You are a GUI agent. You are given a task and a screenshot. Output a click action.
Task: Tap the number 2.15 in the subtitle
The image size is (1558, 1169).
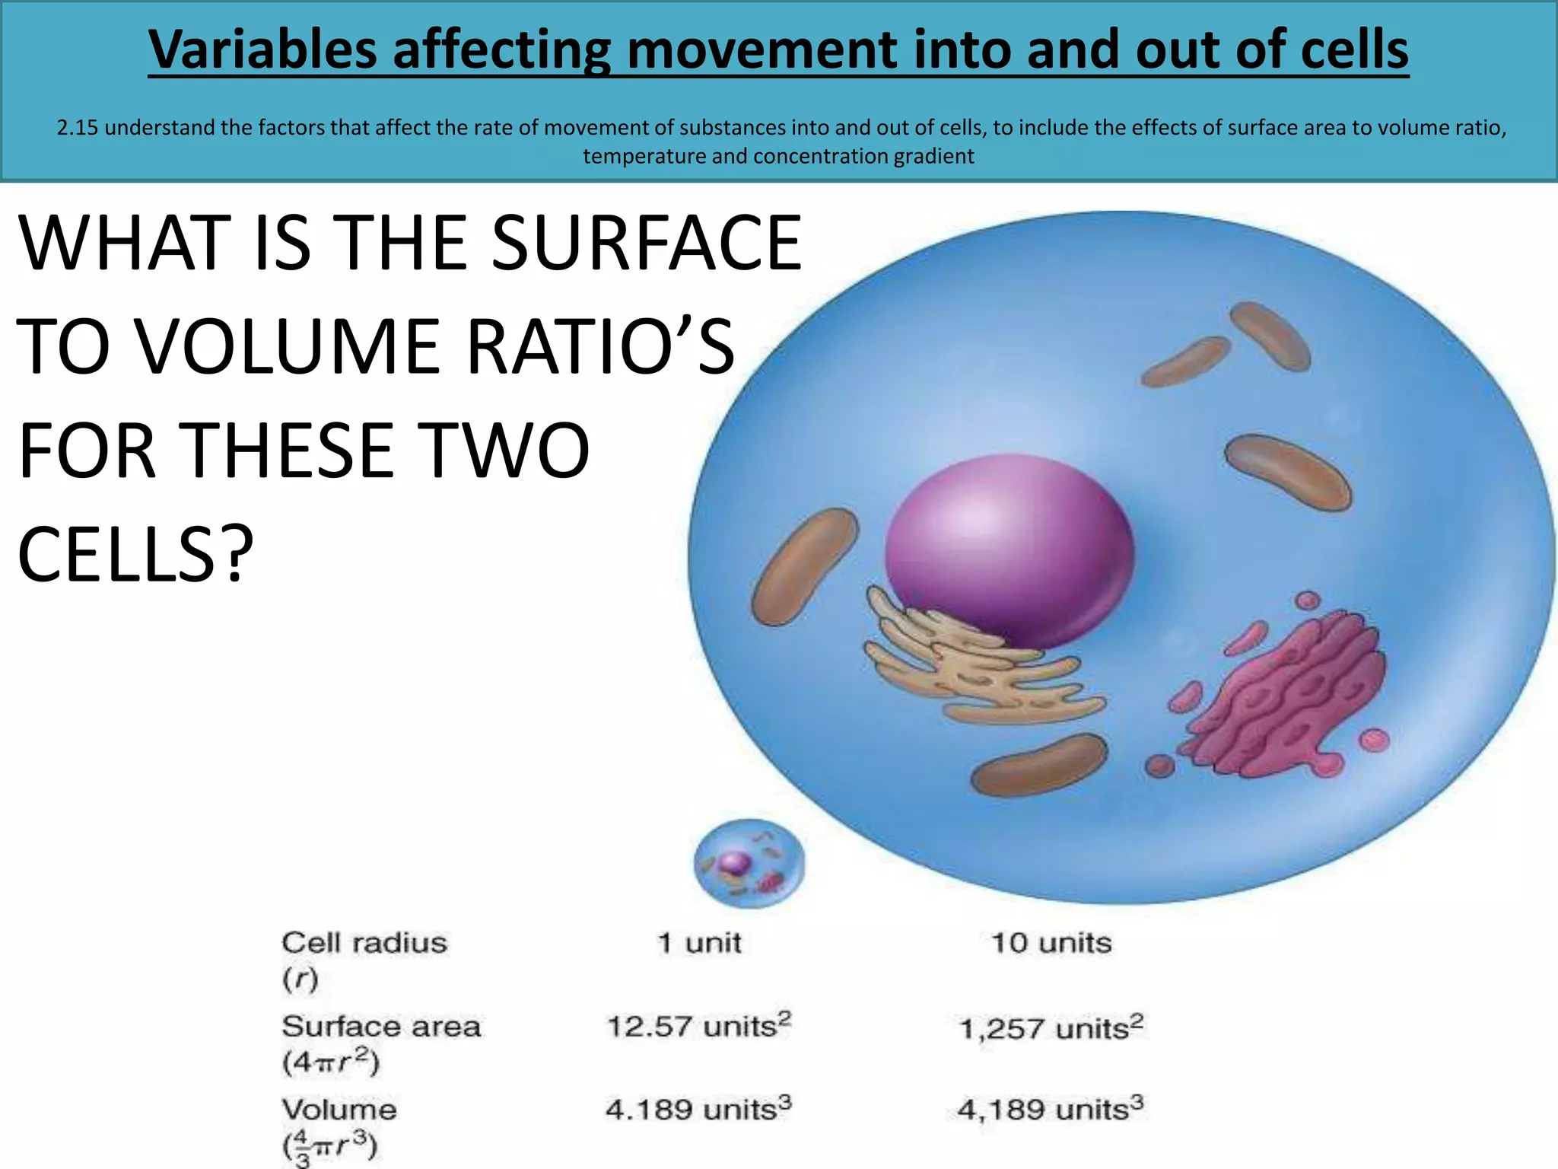pyautogui.click(x=78, y=127)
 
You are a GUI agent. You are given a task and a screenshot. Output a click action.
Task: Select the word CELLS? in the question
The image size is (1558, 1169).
pyautogui.click(x=135, y=555)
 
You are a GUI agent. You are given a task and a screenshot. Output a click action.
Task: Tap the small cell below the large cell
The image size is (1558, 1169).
pyautogui.click(x=749, y=863)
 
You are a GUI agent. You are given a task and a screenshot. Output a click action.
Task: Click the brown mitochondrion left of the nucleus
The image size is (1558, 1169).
pyautogui.click(x=803, y=567)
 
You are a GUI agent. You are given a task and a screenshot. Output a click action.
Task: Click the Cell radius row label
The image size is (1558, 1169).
pyautogui.click(x=364, y=944)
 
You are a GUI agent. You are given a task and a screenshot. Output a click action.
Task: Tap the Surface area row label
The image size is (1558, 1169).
pyautogui.click(x=381, y=1027)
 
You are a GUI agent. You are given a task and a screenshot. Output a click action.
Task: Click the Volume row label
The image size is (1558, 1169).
pyautogui.click(x=339, y=1110)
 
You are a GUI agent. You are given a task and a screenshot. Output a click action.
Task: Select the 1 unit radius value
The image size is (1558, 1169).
pyautogui.click(x=698, y=944)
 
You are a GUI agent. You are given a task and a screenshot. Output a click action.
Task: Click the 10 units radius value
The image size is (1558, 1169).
pyautogui.click(x=1051, y=944)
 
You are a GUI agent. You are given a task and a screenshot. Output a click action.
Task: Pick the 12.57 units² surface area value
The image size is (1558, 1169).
pyautogui.click(x=698, y=1026)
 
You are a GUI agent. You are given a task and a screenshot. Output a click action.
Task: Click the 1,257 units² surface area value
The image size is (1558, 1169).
pyautogui.click(x=1051, y=1028)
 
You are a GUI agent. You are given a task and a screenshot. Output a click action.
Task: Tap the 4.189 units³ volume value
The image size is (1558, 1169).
pyautogui.click(x=698, y=1109)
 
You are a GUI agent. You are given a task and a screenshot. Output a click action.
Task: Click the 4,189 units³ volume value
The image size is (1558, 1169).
pyautogui.click(x=1050, y=1109)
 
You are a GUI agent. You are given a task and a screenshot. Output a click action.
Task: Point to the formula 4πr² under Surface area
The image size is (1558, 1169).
pyautogui.click(x=330, y=1062)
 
